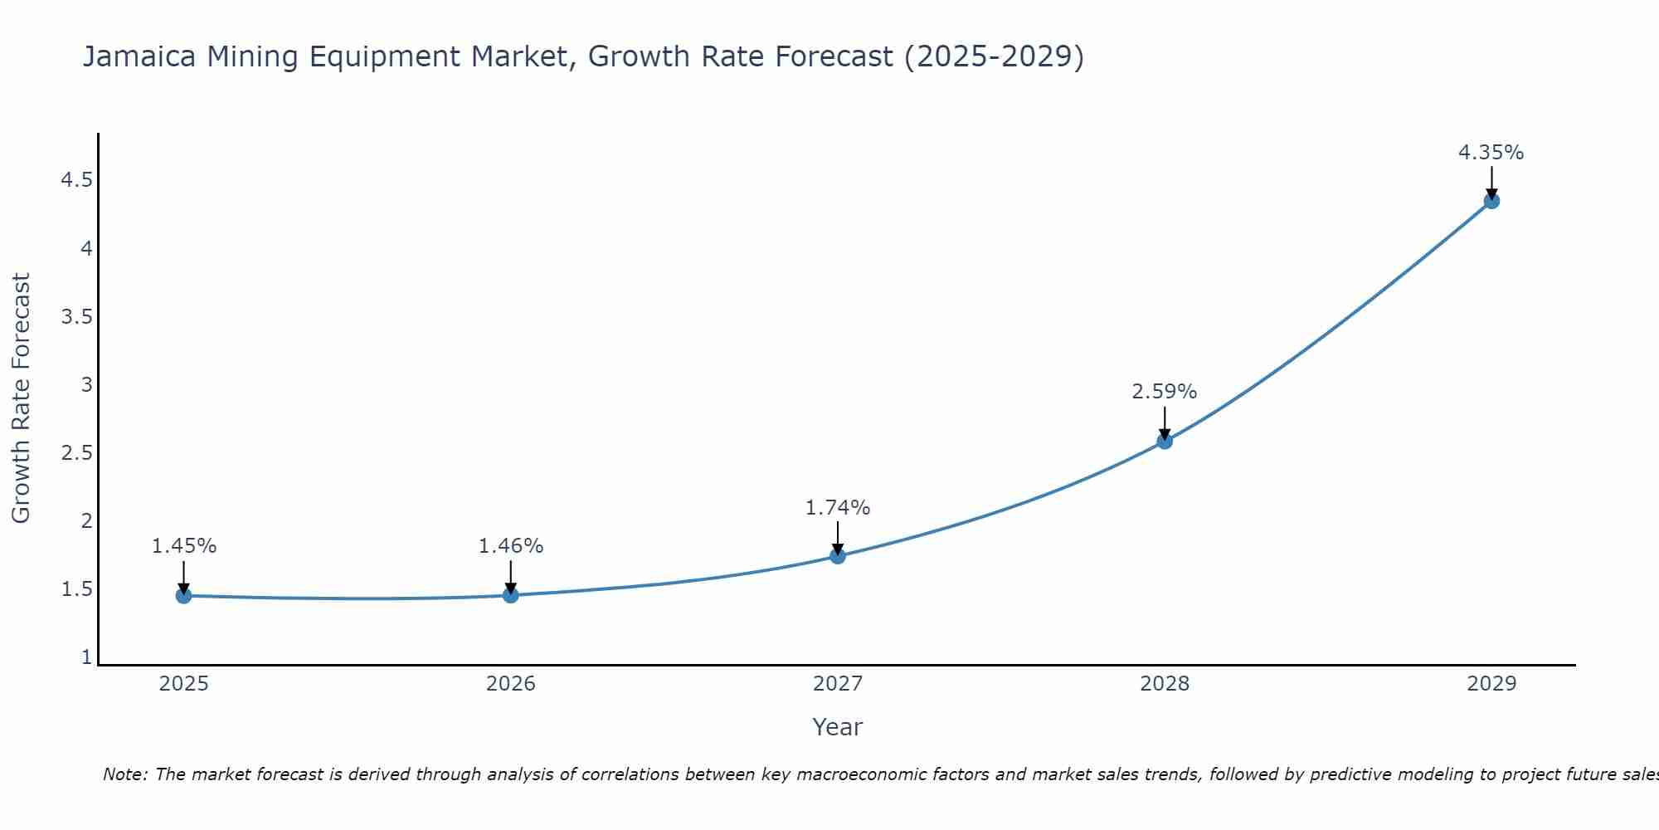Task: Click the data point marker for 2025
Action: [183, 595]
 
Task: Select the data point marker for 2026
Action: [511, 594]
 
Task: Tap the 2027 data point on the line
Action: [838, 555]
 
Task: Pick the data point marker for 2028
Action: [1165, 441]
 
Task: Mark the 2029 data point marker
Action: [1491, 200]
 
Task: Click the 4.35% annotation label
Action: [1491, 153]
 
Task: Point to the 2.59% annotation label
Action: [1164, 392]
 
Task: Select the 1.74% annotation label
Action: [837, 508]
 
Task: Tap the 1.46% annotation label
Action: [510, 546]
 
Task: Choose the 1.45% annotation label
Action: [183, 546]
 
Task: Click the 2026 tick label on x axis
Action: [510, 684]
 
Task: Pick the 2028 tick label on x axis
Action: [1164, 684]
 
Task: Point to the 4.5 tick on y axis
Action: [76, 180]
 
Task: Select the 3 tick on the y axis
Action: [86, 385]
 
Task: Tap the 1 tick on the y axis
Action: [86, 657]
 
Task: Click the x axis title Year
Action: [837, 727]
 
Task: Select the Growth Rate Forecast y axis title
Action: [21, 398]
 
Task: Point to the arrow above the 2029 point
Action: [1491, 181]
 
